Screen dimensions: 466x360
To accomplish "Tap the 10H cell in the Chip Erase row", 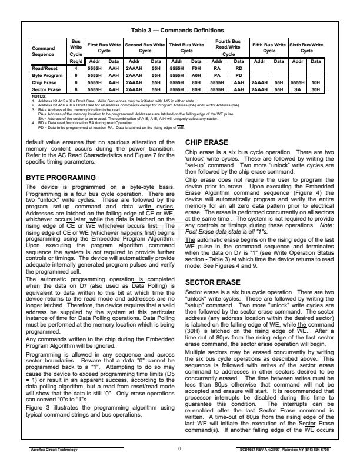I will [x=316, y=82].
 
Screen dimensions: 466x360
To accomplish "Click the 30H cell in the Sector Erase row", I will [x=316, y=89].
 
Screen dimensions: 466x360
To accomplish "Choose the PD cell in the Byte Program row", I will [x=239, y=75].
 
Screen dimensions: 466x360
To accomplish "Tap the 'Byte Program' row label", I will [x=45, y=75].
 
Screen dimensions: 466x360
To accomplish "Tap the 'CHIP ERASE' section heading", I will [x=208, y=126].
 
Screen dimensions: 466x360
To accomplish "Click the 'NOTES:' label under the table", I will [x=38, y=95].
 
